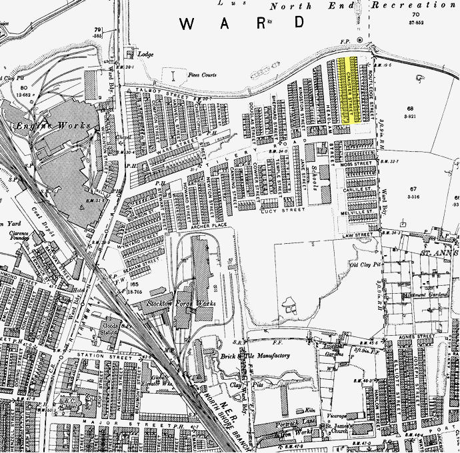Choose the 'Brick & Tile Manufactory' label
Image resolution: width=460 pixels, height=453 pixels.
click(x=257, y=356)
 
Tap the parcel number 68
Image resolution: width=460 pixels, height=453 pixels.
click(x=411, y=108)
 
